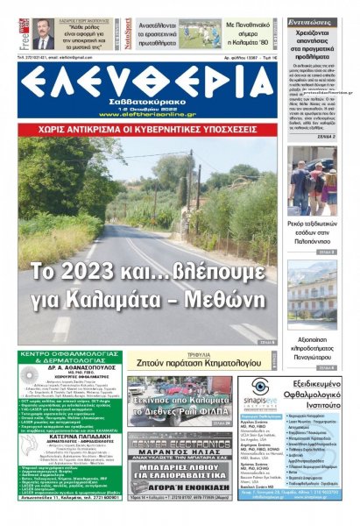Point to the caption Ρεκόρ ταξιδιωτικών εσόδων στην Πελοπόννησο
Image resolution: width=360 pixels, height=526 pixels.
coord(312,232)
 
